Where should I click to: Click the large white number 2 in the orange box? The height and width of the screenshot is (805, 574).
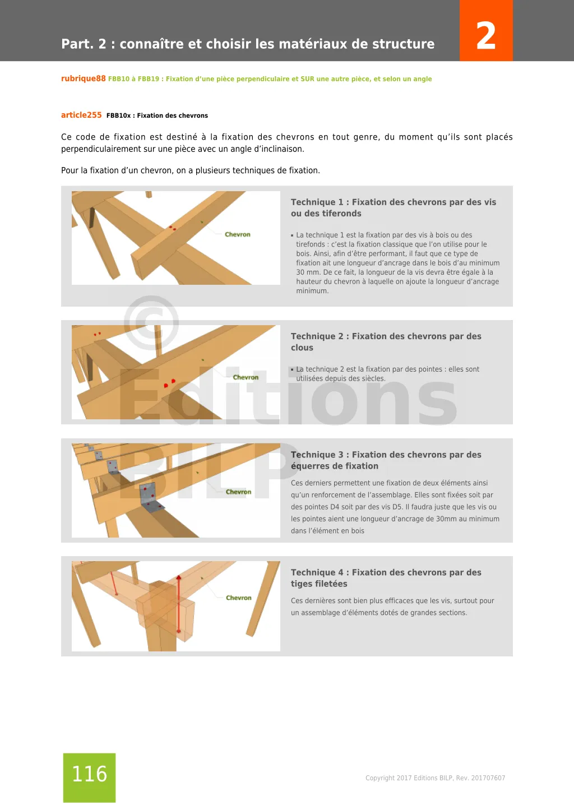tap(486, 36)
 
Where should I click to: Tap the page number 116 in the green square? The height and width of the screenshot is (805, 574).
tap(89, 774)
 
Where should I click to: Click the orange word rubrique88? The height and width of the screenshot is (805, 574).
tap(83, 78)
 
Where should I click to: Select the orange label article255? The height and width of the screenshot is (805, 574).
tap(81, 115)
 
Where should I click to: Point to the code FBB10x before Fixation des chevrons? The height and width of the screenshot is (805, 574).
tap(118, 115)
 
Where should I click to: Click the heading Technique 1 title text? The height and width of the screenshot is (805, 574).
tap(393, 207)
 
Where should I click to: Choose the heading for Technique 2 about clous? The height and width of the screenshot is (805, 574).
tap(386, 341)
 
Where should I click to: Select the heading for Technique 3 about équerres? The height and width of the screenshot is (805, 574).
tap(386, 460)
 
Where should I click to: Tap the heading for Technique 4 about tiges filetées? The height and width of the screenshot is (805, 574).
tap(386, 577)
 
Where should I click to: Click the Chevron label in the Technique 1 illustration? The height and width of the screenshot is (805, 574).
tap(237, 234)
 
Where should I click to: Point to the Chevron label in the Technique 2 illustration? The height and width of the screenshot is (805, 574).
tap(246, 377)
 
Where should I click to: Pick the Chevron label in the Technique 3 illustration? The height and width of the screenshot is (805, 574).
tap(238, 492)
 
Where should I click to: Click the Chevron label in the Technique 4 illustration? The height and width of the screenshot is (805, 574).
tap(238, 598)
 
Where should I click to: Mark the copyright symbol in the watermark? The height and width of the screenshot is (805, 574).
tap(151, 323)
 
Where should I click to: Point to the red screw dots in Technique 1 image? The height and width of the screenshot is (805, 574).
tap(173, 228)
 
